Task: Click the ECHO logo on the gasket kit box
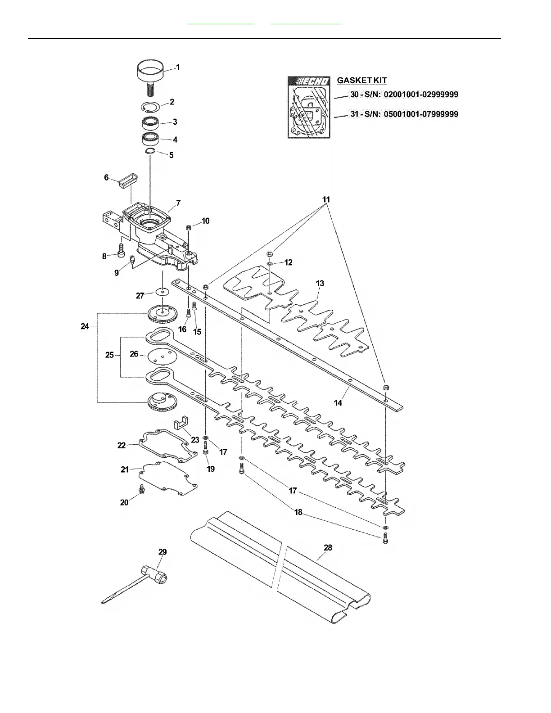tap(311, 81)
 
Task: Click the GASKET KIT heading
tap(362, 81)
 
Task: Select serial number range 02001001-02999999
tap(421, 95)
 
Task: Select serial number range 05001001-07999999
tap(421, 114)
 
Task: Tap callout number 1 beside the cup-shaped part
tap(178, 67)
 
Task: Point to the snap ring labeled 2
tap(150, 107)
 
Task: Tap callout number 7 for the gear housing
tap(178, 203)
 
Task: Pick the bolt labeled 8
tap(120, 250)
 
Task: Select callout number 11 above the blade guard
tap(326, 199)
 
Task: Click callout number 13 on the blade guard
tap(320, 284)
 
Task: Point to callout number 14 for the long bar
tap(338, 403)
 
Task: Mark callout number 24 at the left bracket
tap(85, 326)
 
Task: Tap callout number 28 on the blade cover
tap(328, 548)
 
